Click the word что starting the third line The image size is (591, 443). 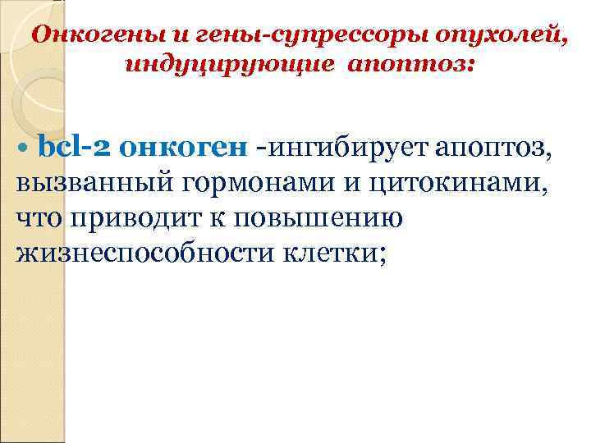[x=39, y=219]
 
